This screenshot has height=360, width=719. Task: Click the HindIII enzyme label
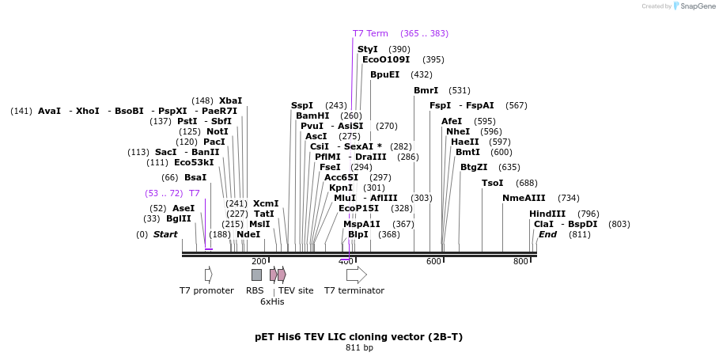click(x=547, y=214)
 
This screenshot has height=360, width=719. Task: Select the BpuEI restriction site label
click(x=384, y=74)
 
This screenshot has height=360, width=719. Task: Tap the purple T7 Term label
click(x=370, y=33)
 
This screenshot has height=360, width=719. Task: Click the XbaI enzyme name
click(x=230, y=100)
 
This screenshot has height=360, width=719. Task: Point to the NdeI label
click(x=248, y=234)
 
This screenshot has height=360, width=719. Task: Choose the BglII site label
click(x=178, y=218)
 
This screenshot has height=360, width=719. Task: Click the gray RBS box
click(x=256, y=275)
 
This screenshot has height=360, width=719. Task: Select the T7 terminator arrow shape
click(x=357, y=275)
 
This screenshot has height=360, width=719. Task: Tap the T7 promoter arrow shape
click(x=208, y=275)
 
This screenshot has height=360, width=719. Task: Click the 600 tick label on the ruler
click(x=433, y=261)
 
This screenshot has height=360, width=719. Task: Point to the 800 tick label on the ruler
click(x=520, y=261)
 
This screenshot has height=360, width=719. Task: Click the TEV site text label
click(x=296, y=290)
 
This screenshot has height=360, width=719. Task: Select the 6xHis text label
click(x=272, y=301)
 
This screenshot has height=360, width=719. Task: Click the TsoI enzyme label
click(x=492, y=183)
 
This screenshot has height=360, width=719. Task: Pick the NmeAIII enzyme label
click(x=524, y=198)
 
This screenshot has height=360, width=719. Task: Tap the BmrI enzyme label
click(x=426, y=90)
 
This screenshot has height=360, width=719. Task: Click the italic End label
click(x=547, y=234)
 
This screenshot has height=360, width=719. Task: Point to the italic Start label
click(x=165, y=234)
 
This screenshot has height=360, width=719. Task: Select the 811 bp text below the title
click(x=359, y=347)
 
